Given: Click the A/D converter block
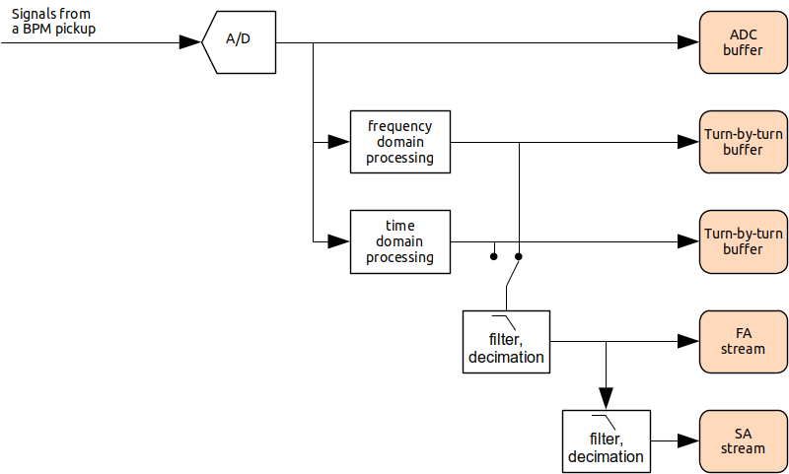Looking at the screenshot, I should (239, 41).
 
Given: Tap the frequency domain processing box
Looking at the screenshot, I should (399, 142).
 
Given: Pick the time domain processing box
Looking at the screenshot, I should (399, 241).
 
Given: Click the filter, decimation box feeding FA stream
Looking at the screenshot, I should (506, 341).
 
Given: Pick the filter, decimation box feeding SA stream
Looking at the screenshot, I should (606, 440).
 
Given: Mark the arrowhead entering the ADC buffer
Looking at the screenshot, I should (688, 41).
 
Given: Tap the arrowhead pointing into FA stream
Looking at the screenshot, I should (688, 341).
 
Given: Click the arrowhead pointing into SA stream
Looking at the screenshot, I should (688, 440).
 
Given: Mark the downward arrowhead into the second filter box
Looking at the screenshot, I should (606, 397).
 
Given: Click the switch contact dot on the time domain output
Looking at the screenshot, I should (493, 257).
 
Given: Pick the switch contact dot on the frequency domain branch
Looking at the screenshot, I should (519, 257).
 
